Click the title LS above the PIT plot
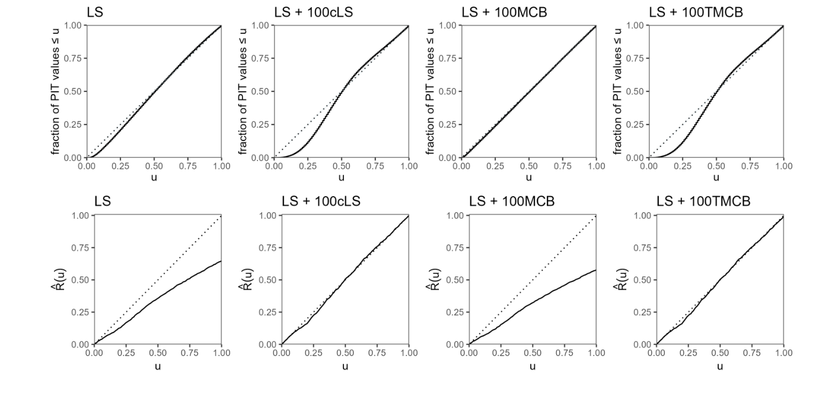coord(95,12)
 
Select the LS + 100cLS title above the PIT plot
coord(312,12)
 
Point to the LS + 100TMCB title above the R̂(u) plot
coord(703,201)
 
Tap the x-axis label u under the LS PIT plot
coord(154,177)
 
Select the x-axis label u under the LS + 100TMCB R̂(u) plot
coord(720,366)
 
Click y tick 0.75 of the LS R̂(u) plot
coord(81,248)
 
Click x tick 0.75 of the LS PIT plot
coord(188,166)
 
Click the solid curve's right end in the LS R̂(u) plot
coord(221,261)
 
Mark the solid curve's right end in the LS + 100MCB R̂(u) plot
coord(595,270)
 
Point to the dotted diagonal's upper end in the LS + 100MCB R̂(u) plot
coord(595,216)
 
